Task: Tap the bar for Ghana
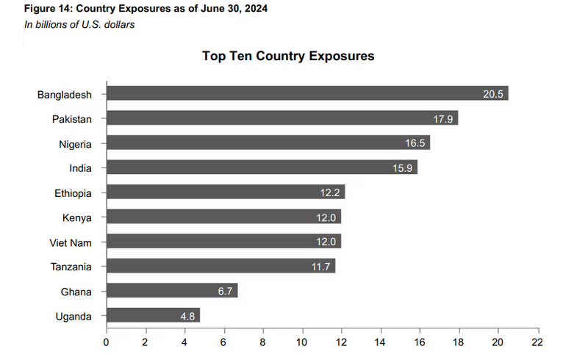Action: coord(171,291)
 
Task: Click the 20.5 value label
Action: coord(493,94)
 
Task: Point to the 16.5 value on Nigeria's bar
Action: coord(415,143)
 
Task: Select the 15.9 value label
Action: coord(404,168)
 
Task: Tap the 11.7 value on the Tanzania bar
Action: coord(321,267)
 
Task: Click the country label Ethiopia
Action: coord(73,192)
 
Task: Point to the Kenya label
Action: coord(77,217)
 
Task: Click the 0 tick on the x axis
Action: coord(106,342)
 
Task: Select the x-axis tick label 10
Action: coord(302,342)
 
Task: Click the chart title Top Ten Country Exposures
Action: coord(288,56)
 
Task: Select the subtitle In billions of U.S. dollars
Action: coord(78,24)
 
